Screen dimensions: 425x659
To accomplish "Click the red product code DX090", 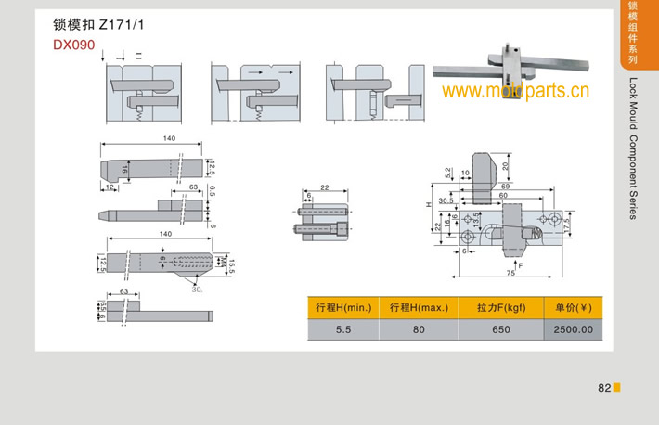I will [x=73, y=44].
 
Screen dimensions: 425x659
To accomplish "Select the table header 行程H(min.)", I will [x=343, y=308].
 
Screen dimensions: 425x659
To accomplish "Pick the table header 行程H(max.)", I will [x=418, y=308].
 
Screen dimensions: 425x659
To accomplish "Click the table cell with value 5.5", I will [x=343, y=329].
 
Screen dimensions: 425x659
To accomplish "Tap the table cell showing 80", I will [x=418, y=329].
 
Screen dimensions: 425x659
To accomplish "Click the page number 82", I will [x=603, y=388].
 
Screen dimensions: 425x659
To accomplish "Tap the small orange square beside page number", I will [x=616, y=387].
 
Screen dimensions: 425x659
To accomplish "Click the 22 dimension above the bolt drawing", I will [x=324, y=187].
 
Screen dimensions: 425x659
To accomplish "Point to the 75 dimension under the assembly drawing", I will [x=510, y=273].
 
